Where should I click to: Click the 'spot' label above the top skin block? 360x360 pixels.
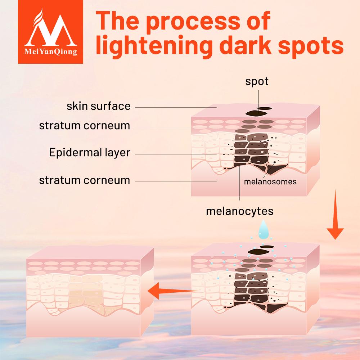click(x=257, y=81)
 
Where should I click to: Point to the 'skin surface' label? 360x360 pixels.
click(x=98, y=106)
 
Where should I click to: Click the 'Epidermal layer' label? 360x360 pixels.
click(x=89, y=152)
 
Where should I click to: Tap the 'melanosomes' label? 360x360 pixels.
click(x=270, y=182)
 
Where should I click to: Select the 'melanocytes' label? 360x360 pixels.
click(x=239, y=211)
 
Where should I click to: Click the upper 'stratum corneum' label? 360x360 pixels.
click(x=84, y=126)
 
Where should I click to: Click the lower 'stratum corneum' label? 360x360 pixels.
click(x=84, y=180)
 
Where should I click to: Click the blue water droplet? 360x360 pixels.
click(x=266, y=230)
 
